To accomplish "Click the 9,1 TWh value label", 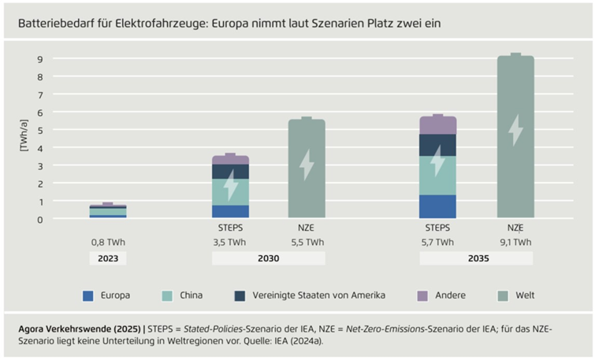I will tap(515, 242).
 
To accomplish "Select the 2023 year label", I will tap(107, 258).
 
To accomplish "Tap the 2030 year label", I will tap(268, 258).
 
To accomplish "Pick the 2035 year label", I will tap(476, 258).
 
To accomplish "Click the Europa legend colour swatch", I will tap(88, 295).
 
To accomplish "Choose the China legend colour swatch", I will tap(168, 295).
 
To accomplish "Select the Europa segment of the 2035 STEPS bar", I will tap(437, 206).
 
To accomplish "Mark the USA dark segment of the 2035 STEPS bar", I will tap(437, 145).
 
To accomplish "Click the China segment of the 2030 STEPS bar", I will tap(230, 191).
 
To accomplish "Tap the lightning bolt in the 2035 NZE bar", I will tap(515, 130).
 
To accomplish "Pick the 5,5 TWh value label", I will tap(307, 242).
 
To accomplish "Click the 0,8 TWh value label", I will tap(107, 242).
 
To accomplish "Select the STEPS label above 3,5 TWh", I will tap(230, 228).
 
